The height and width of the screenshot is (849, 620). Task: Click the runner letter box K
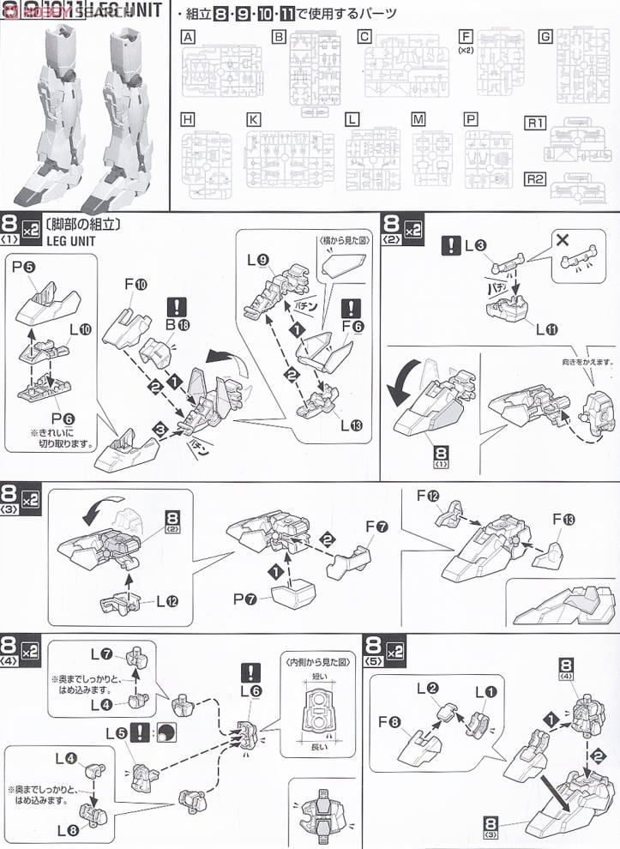click(x=253, y=119)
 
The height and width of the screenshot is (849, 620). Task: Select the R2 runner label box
click(x=535, y=179)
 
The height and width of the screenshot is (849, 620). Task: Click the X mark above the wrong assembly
click(x=563, y=240)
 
